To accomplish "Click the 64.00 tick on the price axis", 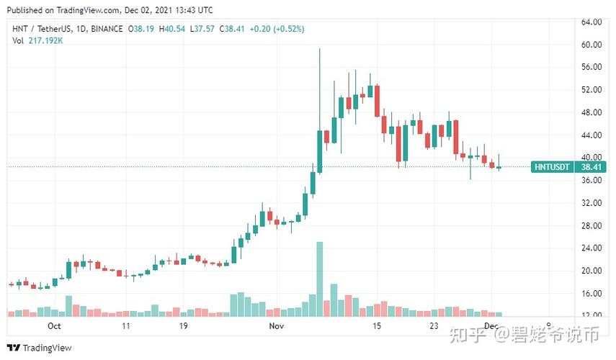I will point(592,22).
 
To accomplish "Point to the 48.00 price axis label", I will point(592,112).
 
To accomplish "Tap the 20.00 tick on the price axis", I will point(592,271).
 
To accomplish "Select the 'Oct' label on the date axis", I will point(53,326).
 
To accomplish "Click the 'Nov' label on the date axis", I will point(277,326).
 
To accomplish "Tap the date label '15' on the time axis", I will point(376,326).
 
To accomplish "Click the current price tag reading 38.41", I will point(592,167).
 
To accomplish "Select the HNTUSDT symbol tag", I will point(553,167).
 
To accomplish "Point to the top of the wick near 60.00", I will point(319,50).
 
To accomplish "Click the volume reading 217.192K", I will point(48,40).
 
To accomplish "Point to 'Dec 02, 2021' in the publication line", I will point(143,10).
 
